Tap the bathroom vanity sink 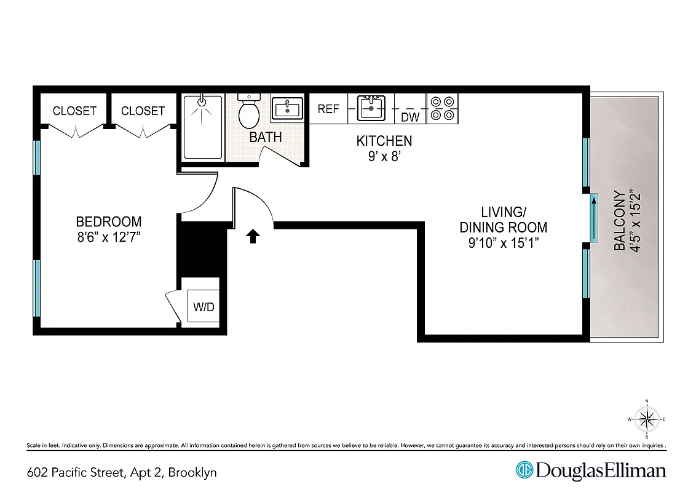(287, 110)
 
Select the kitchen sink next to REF (371, 108)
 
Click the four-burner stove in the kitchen (442, 108)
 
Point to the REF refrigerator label (328, 109)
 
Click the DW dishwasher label (409, 116)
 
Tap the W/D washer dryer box (204, 306)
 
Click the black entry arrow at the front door (252, 236)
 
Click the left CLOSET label (74, 111)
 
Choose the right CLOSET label (143, 111)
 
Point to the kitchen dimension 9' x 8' (384, 156)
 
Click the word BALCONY (620, 221)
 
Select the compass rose (646, 419)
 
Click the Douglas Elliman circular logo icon (524, 470)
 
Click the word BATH (266, 137)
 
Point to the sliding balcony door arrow (594, 219)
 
